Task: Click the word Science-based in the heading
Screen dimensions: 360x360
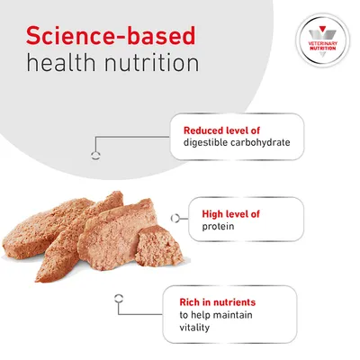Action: tap(112, 35)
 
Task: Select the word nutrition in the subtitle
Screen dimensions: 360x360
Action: tap(151, 65)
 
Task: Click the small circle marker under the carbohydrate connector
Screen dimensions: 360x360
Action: tap(95, 153)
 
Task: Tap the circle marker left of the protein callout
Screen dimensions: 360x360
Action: tap(182, 216)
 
